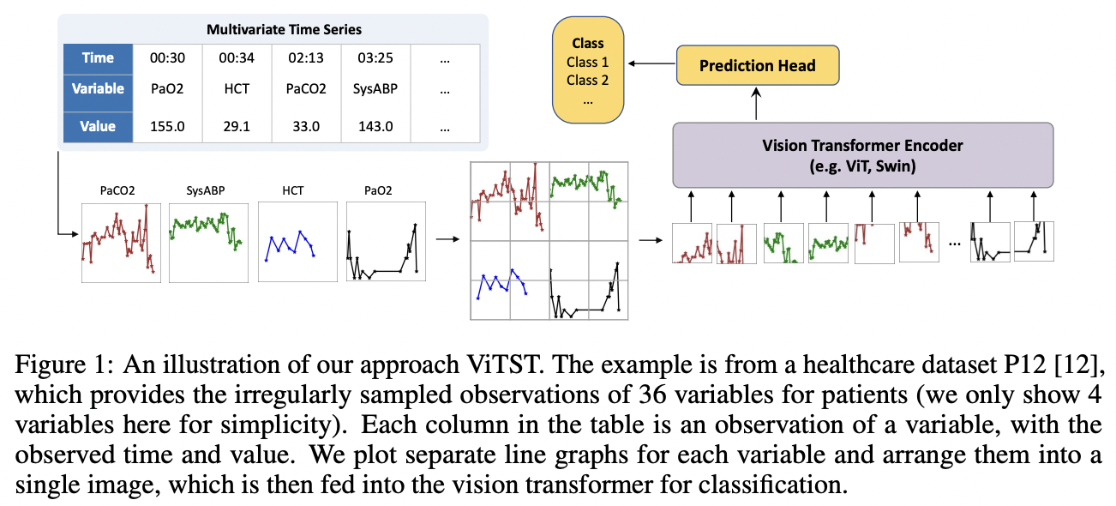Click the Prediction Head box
(758, 65)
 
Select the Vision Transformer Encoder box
(863, 155)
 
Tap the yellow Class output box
(588, 69)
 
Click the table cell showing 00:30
(167, 58)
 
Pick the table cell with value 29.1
(237, 127)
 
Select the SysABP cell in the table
(375, 89)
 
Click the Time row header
(99, 58)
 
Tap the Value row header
(99, 127)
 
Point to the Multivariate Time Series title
(284, 29)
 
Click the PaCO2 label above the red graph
(117, 191)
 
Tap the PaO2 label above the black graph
(378, 191)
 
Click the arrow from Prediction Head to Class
(651, 63)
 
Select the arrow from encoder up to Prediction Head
(756, 104)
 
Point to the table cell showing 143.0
(375, 127)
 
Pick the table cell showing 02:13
(306, 58)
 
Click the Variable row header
(99, 89)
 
